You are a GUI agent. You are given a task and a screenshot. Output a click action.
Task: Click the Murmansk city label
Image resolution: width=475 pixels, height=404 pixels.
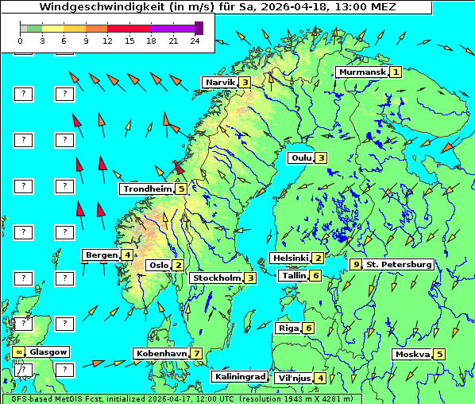pos(361,72)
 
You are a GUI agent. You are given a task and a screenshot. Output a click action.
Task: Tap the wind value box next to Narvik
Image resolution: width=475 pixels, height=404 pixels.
pos(245,82)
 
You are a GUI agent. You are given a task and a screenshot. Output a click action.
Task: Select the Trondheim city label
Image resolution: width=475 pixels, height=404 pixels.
pos(147,188)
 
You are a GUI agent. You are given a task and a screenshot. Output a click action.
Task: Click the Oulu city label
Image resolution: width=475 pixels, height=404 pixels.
pos(301,157)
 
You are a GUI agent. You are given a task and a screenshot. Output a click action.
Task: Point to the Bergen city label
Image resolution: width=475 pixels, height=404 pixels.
pos(101,254)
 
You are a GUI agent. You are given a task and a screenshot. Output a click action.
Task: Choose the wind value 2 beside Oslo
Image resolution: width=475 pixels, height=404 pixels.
pos(179,265)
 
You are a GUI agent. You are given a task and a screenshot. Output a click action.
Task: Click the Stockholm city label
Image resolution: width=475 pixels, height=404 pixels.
pos(216,278)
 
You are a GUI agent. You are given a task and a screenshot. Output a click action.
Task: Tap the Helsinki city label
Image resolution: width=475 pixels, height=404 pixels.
pos(290,258)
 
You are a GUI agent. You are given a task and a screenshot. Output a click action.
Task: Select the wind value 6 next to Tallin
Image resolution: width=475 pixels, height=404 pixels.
pos(315,275)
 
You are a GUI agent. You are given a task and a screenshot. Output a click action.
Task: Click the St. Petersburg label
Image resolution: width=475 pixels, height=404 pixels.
pos(399,264)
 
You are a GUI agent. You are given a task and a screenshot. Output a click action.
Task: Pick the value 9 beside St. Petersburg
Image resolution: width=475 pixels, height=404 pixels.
pos(357,264)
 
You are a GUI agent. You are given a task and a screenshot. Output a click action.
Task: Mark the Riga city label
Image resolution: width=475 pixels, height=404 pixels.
pos(287,328)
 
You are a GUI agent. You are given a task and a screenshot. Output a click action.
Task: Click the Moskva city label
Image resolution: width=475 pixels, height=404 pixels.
pos(411,354)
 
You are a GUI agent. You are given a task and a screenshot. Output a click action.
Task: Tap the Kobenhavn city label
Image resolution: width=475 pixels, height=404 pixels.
pos(161,353)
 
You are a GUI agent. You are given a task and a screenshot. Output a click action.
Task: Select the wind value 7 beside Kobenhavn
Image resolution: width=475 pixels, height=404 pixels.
pos(196,353)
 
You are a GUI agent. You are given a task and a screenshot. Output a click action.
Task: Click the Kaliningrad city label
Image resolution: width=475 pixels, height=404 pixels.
pos(239,376)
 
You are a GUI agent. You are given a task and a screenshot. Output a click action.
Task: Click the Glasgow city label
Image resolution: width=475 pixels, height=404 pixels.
pos(48,352)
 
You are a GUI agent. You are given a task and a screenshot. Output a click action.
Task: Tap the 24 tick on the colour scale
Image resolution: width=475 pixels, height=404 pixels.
pos(195,40)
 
